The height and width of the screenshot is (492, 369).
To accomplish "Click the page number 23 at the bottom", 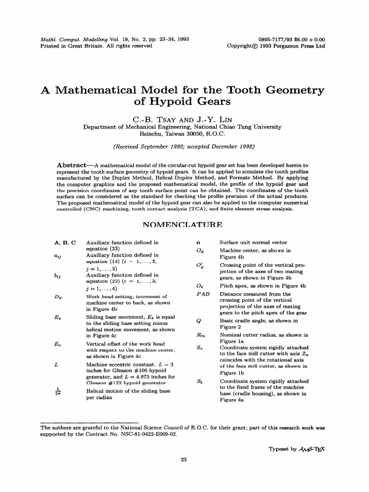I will click(x=183, y=459).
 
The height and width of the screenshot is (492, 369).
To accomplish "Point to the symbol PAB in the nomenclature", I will click(x=202, y=294).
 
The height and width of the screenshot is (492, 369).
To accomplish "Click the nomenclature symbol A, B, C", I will click(x=66, y=243).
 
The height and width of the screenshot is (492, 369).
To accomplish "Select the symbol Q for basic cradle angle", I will click(x=198, y=320).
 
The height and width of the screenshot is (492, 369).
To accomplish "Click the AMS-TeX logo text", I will click(x=313, y=448).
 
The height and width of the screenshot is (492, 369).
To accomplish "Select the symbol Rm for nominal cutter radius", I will click(x=201, y=335).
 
